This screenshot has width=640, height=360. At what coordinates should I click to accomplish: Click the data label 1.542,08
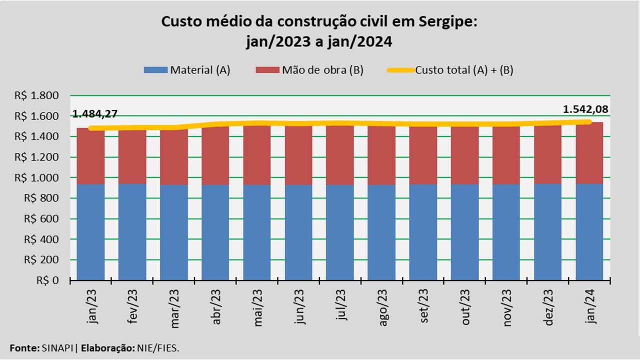(585, 109)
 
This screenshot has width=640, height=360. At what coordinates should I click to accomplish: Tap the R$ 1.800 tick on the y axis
(44, 95)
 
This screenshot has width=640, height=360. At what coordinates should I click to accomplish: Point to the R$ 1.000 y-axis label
(44, 177)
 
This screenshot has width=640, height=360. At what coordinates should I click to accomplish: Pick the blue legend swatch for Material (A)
(155, 70)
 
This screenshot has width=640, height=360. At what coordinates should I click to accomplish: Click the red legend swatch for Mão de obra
(267, 70)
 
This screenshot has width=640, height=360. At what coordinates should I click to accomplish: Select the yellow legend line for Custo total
(400, 70)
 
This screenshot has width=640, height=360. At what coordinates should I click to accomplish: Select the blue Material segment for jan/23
(90, 232)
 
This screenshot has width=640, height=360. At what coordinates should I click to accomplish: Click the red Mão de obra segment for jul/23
(340, 155)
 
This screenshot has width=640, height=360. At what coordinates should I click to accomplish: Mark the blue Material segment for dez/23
(548, 232)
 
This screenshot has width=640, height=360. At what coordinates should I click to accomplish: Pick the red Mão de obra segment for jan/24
(589, 152)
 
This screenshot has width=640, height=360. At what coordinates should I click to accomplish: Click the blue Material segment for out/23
(465, 232)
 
